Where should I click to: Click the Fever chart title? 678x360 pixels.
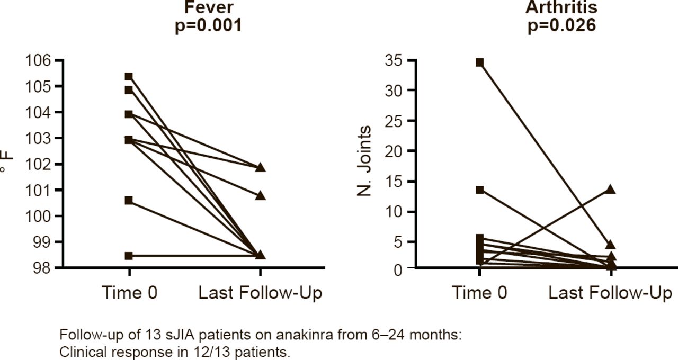208,7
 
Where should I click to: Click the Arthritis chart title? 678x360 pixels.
561,7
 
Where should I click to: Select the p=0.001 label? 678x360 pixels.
208,25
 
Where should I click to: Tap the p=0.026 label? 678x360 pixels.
561,25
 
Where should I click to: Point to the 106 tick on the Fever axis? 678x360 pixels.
41,60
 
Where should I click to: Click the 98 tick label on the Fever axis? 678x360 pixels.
44,268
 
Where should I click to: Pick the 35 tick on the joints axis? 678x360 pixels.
397,61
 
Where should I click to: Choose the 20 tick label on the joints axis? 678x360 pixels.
397,151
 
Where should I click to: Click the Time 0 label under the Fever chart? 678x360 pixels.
129,293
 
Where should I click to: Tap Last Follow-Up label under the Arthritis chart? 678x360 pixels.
610,293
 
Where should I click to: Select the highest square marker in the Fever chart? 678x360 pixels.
129,77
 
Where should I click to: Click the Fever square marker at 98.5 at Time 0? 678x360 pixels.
129,256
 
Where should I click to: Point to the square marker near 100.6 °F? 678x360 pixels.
129,200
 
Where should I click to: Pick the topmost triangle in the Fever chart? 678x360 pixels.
260,168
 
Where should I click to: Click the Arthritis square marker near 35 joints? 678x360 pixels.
479,62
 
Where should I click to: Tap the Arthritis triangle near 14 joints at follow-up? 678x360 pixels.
610,189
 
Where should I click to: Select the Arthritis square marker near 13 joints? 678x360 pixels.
479,190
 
